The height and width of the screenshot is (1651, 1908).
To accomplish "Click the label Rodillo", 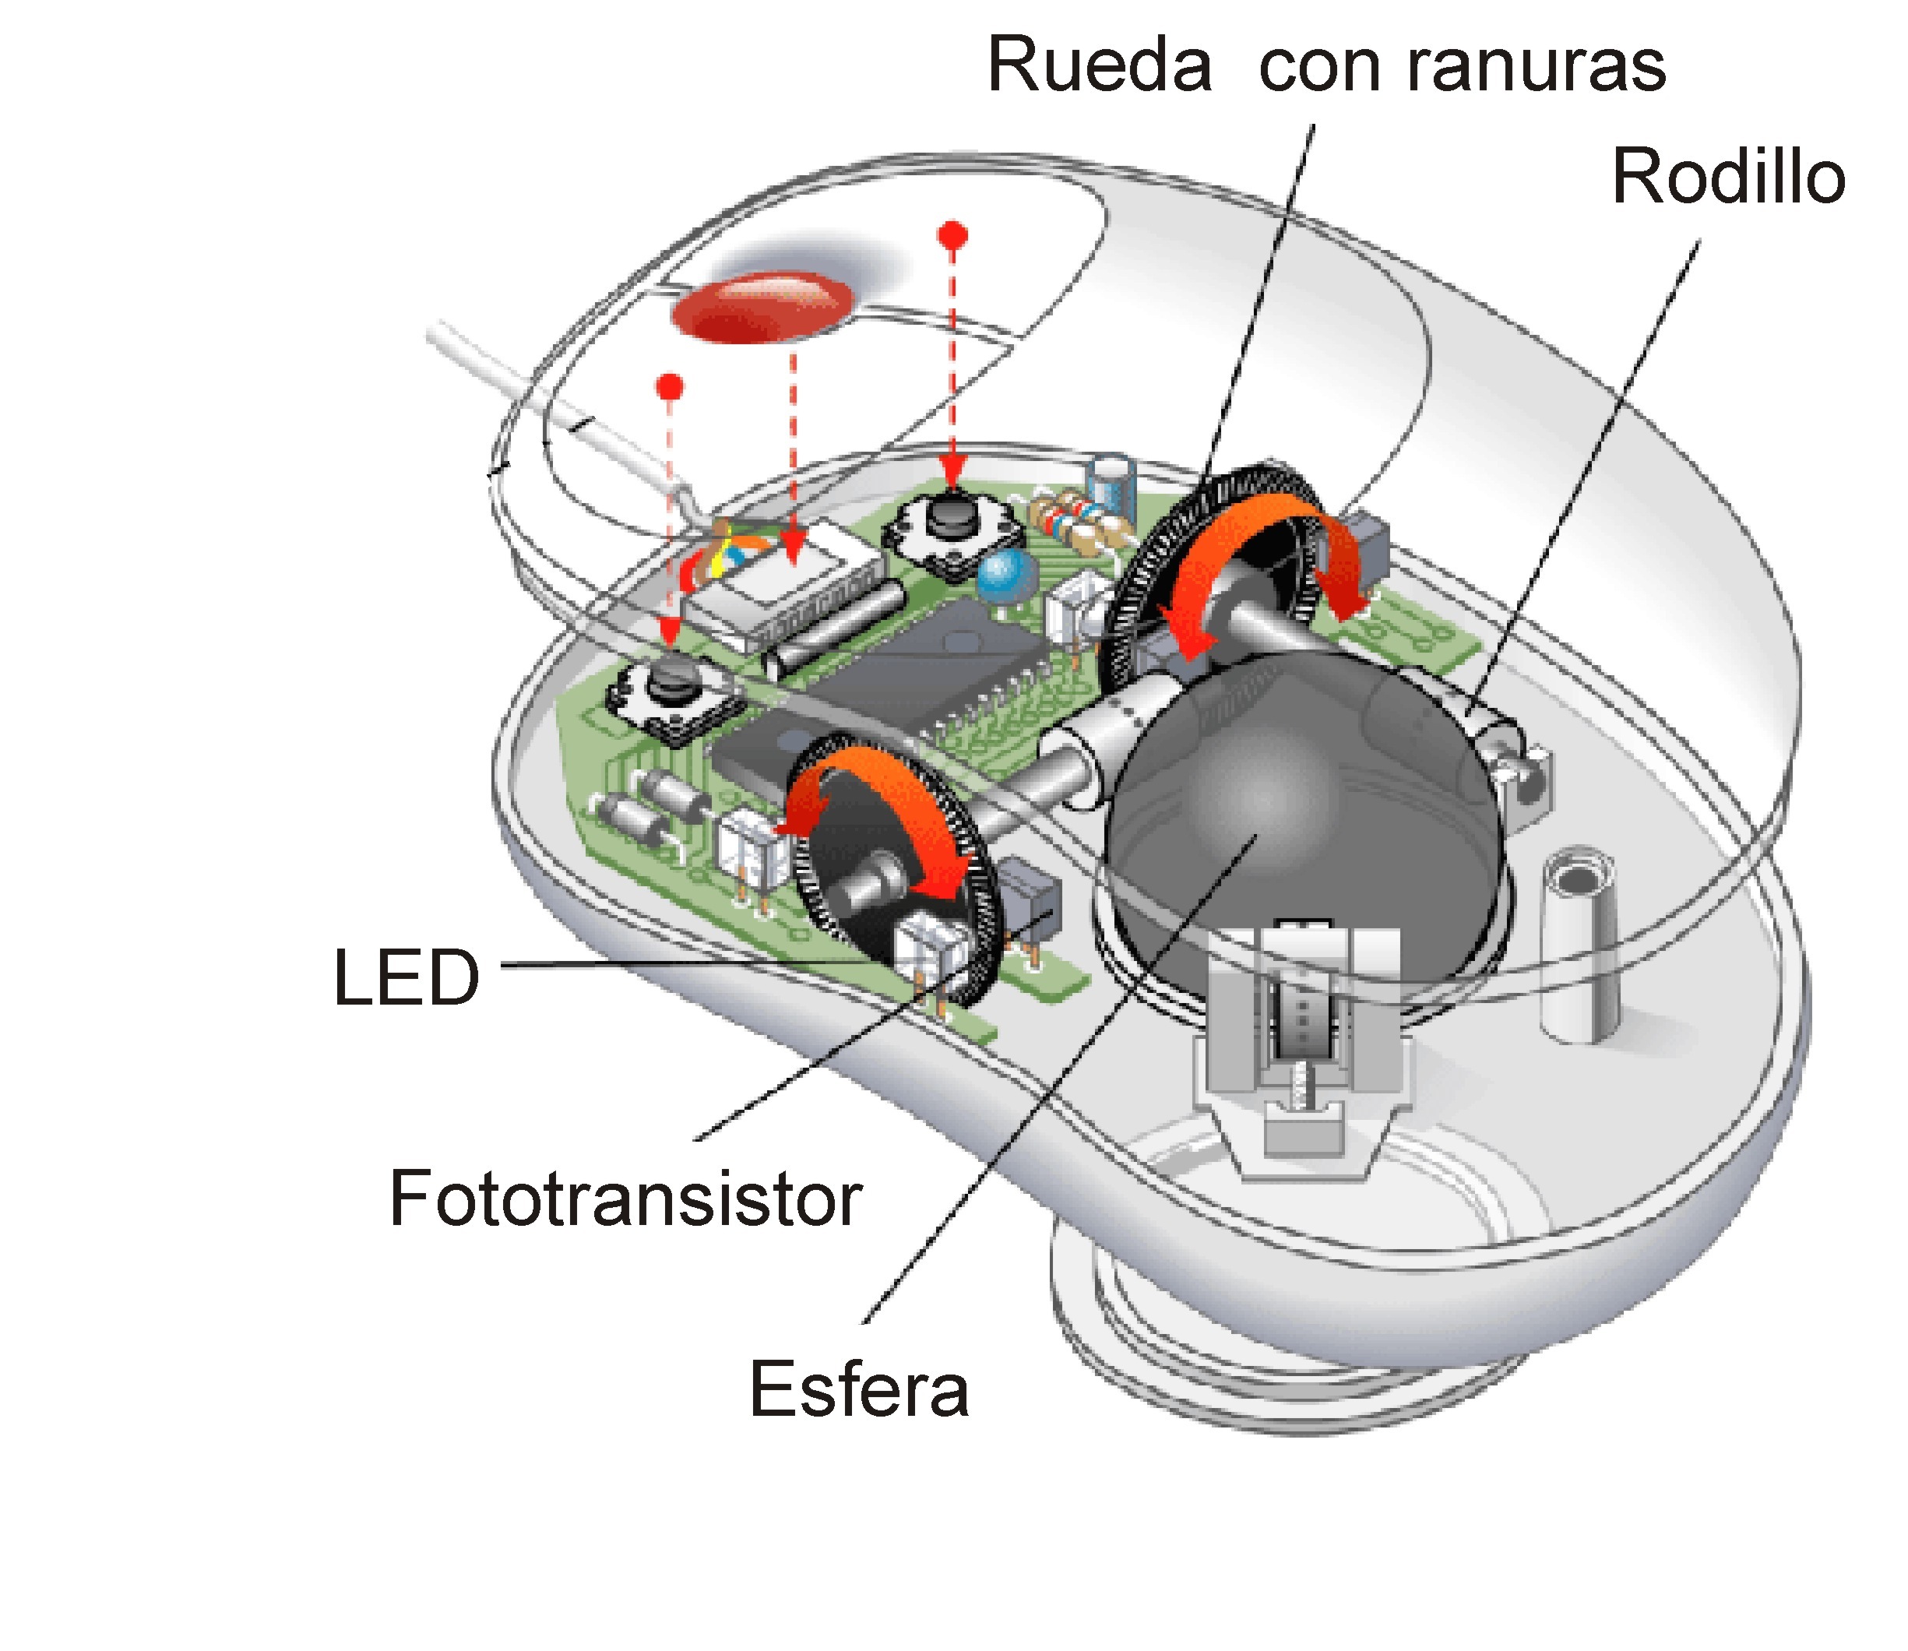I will (x=1727, y=177).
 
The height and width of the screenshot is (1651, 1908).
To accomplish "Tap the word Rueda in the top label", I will (x=1098, y=66).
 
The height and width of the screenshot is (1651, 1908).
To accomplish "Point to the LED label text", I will (x=407, y=977).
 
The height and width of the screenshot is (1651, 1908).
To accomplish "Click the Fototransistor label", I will (x=625, y=1199).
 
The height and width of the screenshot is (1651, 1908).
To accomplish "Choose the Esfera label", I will (x=859, y=1389).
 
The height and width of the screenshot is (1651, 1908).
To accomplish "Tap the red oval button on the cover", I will (x=762, y=307).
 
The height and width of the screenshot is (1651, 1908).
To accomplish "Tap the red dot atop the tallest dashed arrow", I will (x=952, y=233).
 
